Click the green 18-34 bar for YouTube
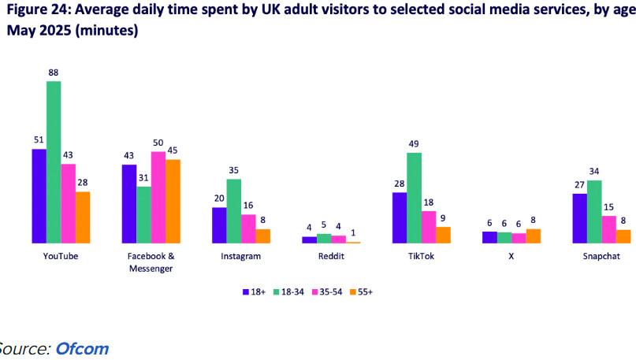[54, 162]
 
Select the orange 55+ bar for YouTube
[83, 217]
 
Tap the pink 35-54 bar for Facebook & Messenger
[158, 198]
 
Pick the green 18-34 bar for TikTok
[414, 198]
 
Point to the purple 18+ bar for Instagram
[219, 225]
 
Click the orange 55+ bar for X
[534, 236]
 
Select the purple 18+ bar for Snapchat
[579, 218]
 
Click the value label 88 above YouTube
[54, 72]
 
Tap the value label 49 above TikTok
[414, 144]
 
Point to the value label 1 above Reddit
[353, 233]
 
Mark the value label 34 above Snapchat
[594, 171]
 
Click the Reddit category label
[331, 256]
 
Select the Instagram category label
[241, 256]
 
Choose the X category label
[511, 256]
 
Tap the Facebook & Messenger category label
[151, 262]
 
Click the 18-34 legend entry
[288, 292]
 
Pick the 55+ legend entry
[361, 292]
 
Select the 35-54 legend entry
[327, 292]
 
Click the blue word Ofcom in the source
[82, 349]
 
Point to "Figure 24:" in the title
[39, 9]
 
